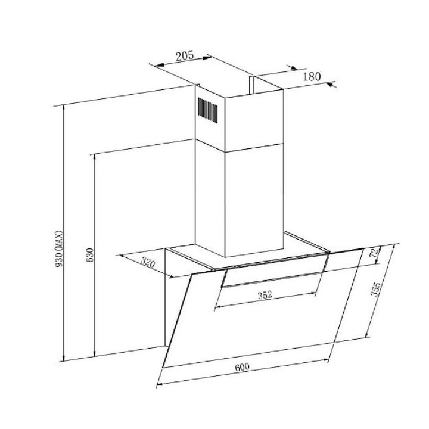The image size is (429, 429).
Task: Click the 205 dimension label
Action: [x=184, y=56]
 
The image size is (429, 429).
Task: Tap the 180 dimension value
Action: [x=312, y=77]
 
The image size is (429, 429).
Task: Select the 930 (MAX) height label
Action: [x=59, y=248]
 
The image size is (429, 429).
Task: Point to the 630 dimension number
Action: [x=90, y=255]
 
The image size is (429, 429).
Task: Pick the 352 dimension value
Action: [x=265, y=295]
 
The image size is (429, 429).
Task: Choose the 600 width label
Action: [x=242, y=367]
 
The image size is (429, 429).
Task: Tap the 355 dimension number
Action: [x=375, y=289]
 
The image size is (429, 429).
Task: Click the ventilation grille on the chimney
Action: [x=208, y=110]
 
